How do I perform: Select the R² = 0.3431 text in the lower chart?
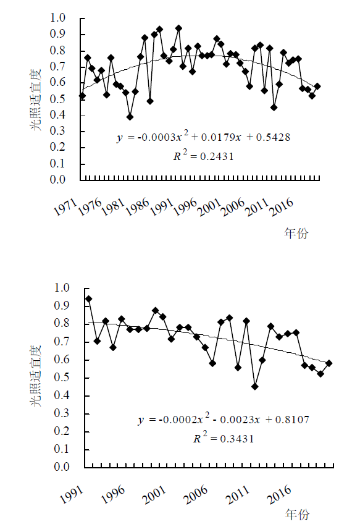(224, 438)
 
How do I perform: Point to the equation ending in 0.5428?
(203, 137)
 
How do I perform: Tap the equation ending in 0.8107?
(224, 420)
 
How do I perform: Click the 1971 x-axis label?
(65, 207)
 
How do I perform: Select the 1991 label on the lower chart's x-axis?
(71, 496)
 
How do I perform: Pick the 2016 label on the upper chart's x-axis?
(282, 207)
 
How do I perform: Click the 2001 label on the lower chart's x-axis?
(154, 496)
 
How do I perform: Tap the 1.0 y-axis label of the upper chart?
(57, 18)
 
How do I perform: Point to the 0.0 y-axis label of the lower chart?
(62, 467)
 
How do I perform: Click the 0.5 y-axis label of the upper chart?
(57, 99)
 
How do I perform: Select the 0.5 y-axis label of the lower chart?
(62, 377)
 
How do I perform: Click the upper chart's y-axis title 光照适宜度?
(36, 99)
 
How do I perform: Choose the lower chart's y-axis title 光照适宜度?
(36, 376)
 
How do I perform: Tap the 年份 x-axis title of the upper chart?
(296, 234)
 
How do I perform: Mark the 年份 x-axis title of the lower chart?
(298, 514)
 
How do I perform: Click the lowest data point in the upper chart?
(130, 117)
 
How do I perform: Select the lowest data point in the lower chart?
(255, 386)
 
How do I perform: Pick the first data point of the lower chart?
(89, 299)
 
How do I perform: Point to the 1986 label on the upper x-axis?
(138, 207)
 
